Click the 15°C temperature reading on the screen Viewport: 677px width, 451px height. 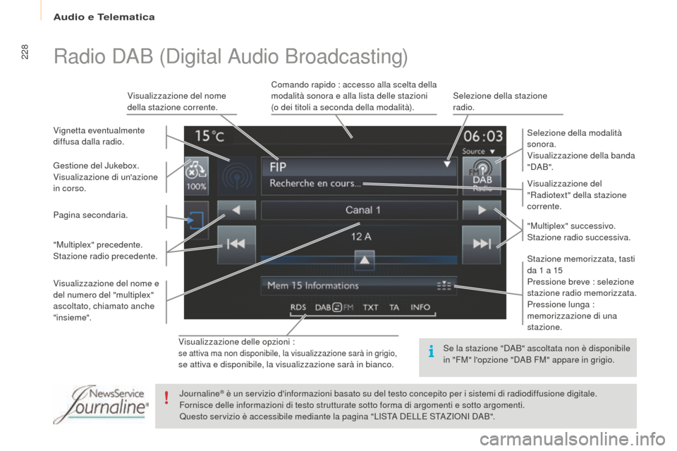(x=210, y=136)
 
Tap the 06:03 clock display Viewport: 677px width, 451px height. (x=483, y=137)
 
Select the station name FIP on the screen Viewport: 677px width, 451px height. (x=278, y=167)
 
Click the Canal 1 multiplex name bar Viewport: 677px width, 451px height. (x=359, y=210)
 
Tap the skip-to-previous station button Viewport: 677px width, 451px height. (x=236, y=245)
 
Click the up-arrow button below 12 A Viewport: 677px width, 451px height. (x=365, y=260)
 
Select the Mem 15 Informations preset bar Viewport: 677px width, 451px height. (x=359, y=285)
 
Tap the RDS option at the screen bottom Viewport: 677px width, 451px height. (x=298, y=307)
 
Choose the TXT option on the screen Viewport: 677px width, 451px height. (x=370, y=307)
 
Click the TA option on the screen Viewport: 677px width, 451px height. (x=394, y=307)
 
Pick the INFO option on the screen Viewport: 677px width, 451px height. (x=420, y=307)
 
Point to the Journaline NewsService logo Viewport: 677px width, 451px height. (x=101, y=404)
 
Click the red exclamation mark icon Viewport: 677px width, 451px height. (x=166, y=397)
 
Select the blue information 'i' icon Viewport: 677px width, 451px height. (x=431, y=352)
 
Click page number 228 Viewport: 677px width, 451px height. (x=24, y=51)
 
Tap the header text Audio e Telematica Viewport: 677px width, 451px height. (x=104, y=17)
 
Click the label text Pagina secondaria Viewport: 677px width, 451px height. (x=90, y=215)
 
